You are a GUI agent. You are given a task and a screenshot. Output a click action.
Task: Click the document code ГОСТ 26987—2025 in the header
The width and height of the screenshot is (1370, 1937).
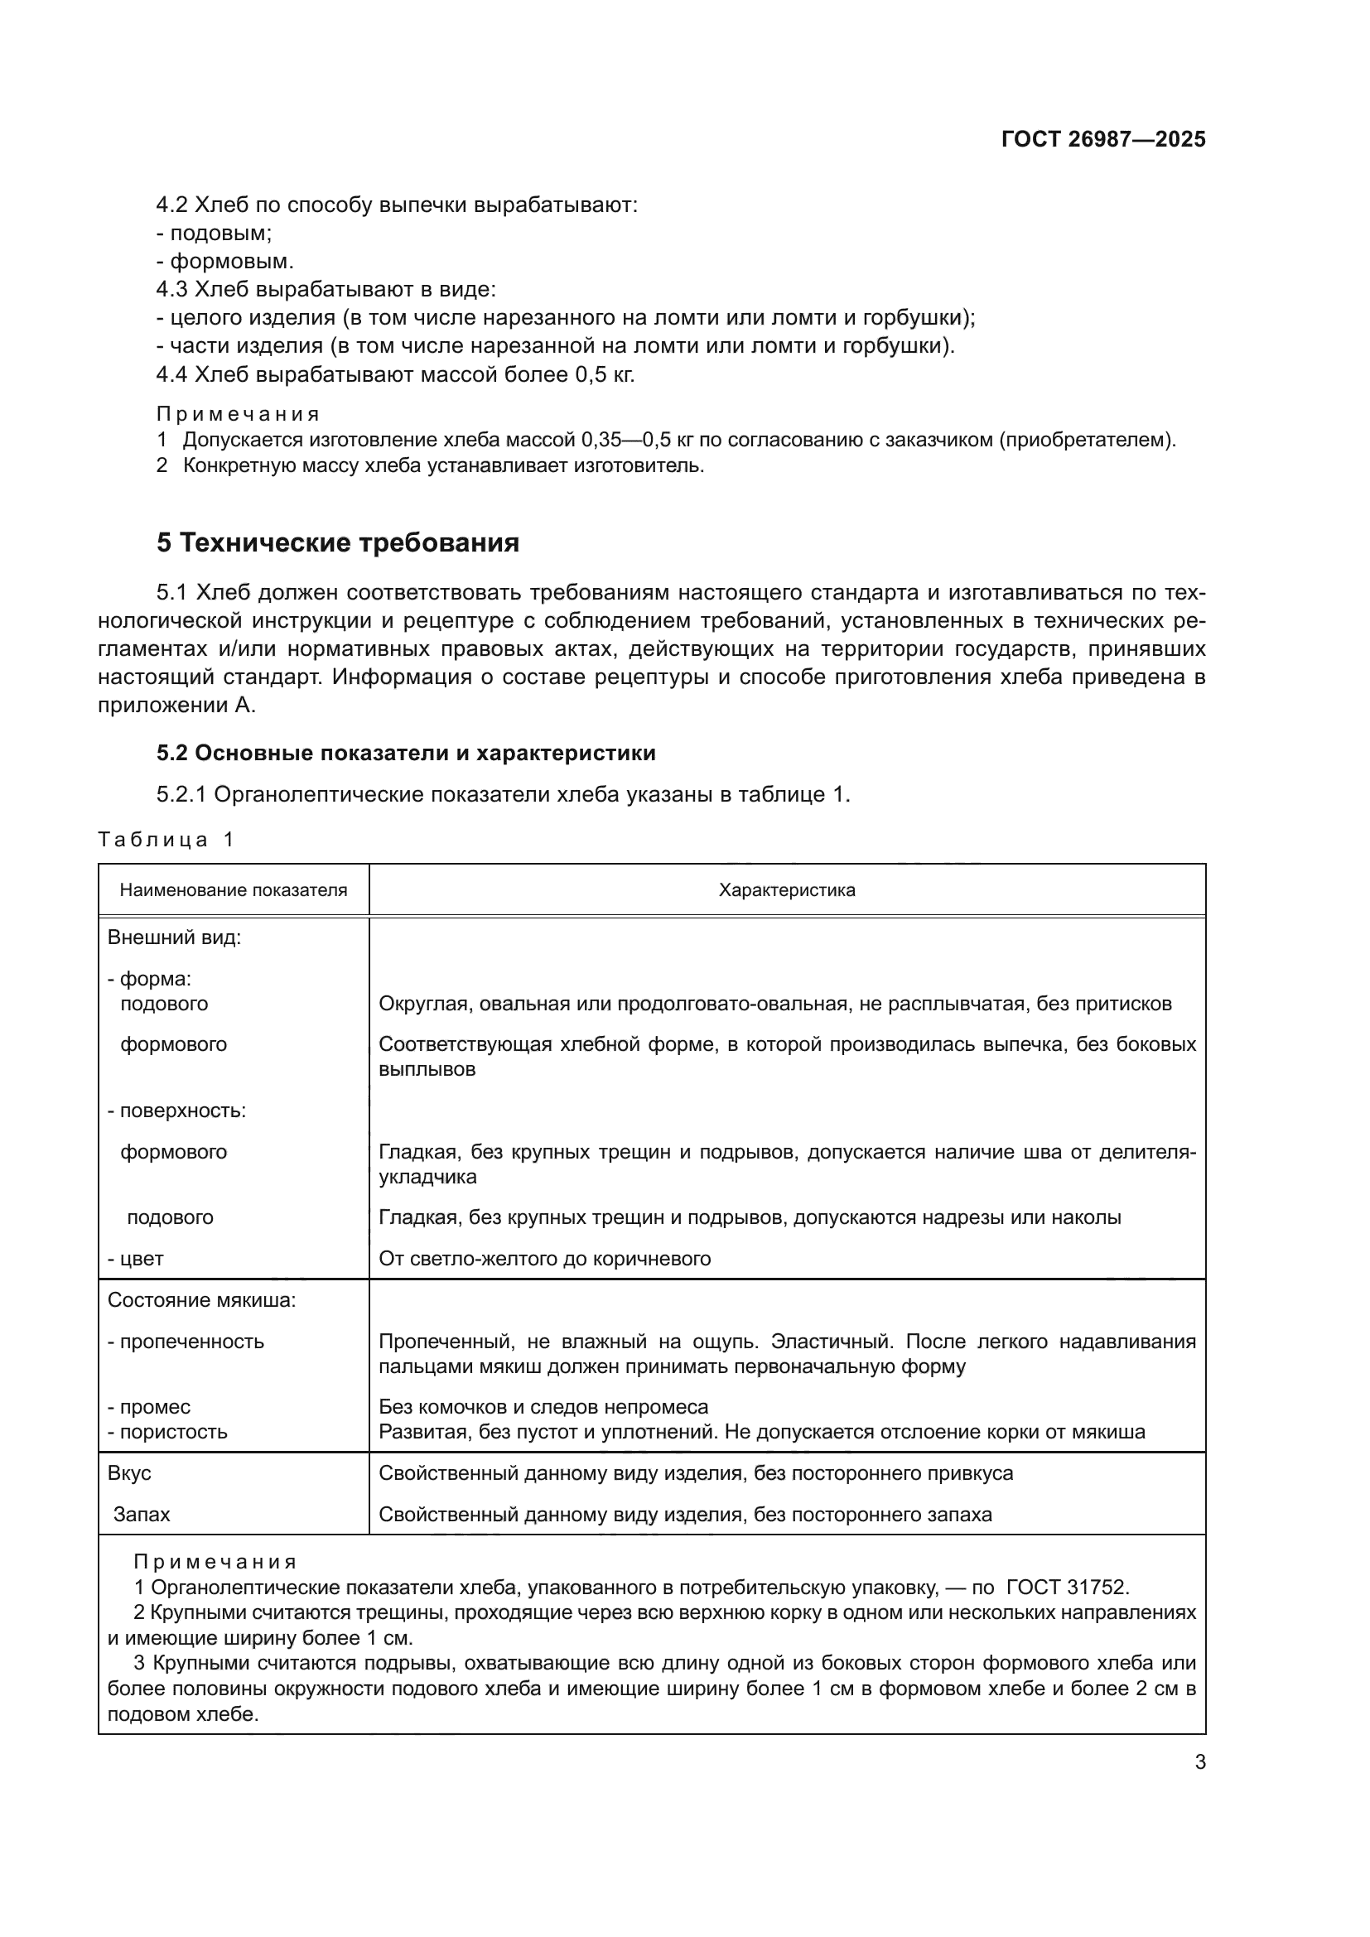1102,139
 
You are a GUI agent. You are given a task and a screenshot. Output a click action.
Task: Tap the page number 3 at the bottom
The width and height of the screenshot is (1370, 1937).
1199,1761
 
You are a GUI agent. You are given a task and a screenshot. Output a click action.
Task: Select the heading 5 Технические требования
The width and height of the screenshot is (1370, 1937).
337,542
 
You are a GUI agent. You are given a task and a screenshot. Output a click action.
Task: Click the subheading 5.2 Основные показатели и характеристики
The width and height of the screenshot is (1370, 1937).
406,753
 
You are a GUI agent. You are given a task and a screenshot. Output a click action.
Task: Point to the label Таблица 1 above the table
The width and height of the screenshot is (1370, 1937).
166,840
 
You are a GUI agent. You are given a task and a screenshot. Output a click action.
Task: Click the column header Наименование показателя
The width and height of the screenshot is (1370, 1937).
233,890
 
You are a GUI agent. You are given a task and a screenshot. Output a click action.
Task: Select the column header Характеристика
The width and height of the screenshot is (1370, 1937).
786,890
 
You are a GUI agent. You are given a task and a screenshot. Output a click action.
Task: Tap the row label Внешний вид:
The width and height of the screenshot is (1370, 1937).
174,937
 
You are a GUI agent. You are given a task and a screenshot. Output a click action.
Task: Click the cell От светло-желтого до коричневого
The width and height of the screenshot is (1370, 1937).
544,1259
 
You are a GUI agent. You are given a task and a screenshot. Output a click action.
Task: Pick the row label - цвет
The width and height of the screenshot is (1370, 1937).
135,1259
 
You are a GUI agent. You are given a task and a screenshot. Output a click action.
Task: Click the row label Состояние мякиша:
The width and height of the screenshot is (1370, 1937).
201,1300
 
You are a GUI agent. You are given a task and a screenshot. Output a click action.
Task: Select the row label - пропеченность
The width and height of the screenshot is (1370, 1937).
186,1342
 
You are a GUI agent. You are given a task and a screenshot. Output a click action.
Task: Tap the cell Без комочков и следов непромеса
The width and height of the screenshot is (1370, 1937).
543,1406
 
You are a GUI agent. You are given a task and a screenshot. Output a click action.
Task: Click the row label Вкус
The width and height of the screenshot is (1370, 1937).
129,1473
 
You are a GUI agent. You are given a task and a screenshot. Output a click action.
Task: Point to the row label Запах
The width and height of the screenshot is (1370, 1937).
142,1515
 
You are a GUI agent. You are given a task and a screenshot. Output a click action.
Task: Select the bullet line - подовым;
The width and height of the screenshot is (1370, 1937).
215,233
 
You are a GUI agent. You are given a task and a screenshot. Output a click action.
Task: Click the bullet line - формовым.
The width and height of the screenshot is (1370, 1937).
224,261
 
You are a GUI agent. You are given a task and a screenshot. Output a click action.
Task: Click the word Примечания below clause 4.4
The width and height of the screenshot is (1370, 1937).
238,414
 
